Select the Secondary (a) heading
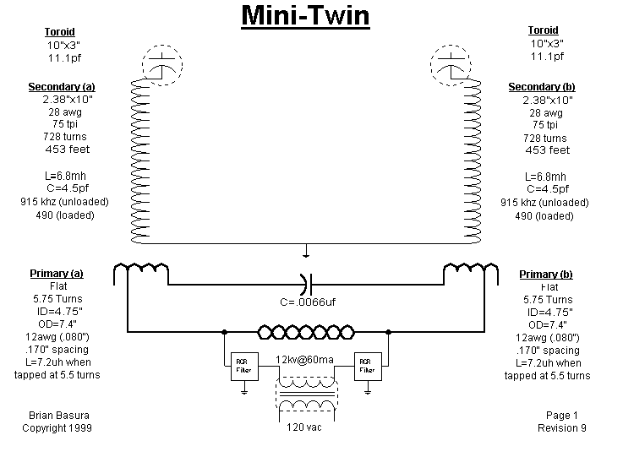(62, 87)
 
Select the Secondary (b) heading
(547, 87)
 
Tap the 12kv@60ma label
(305, 361)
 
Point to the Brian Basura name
(52, 415)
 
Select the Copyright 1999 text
(57, 427)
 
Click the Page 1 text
(562, 415)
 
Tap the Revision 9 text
(562, 427)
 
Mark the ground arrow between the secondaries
(306, 251)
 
